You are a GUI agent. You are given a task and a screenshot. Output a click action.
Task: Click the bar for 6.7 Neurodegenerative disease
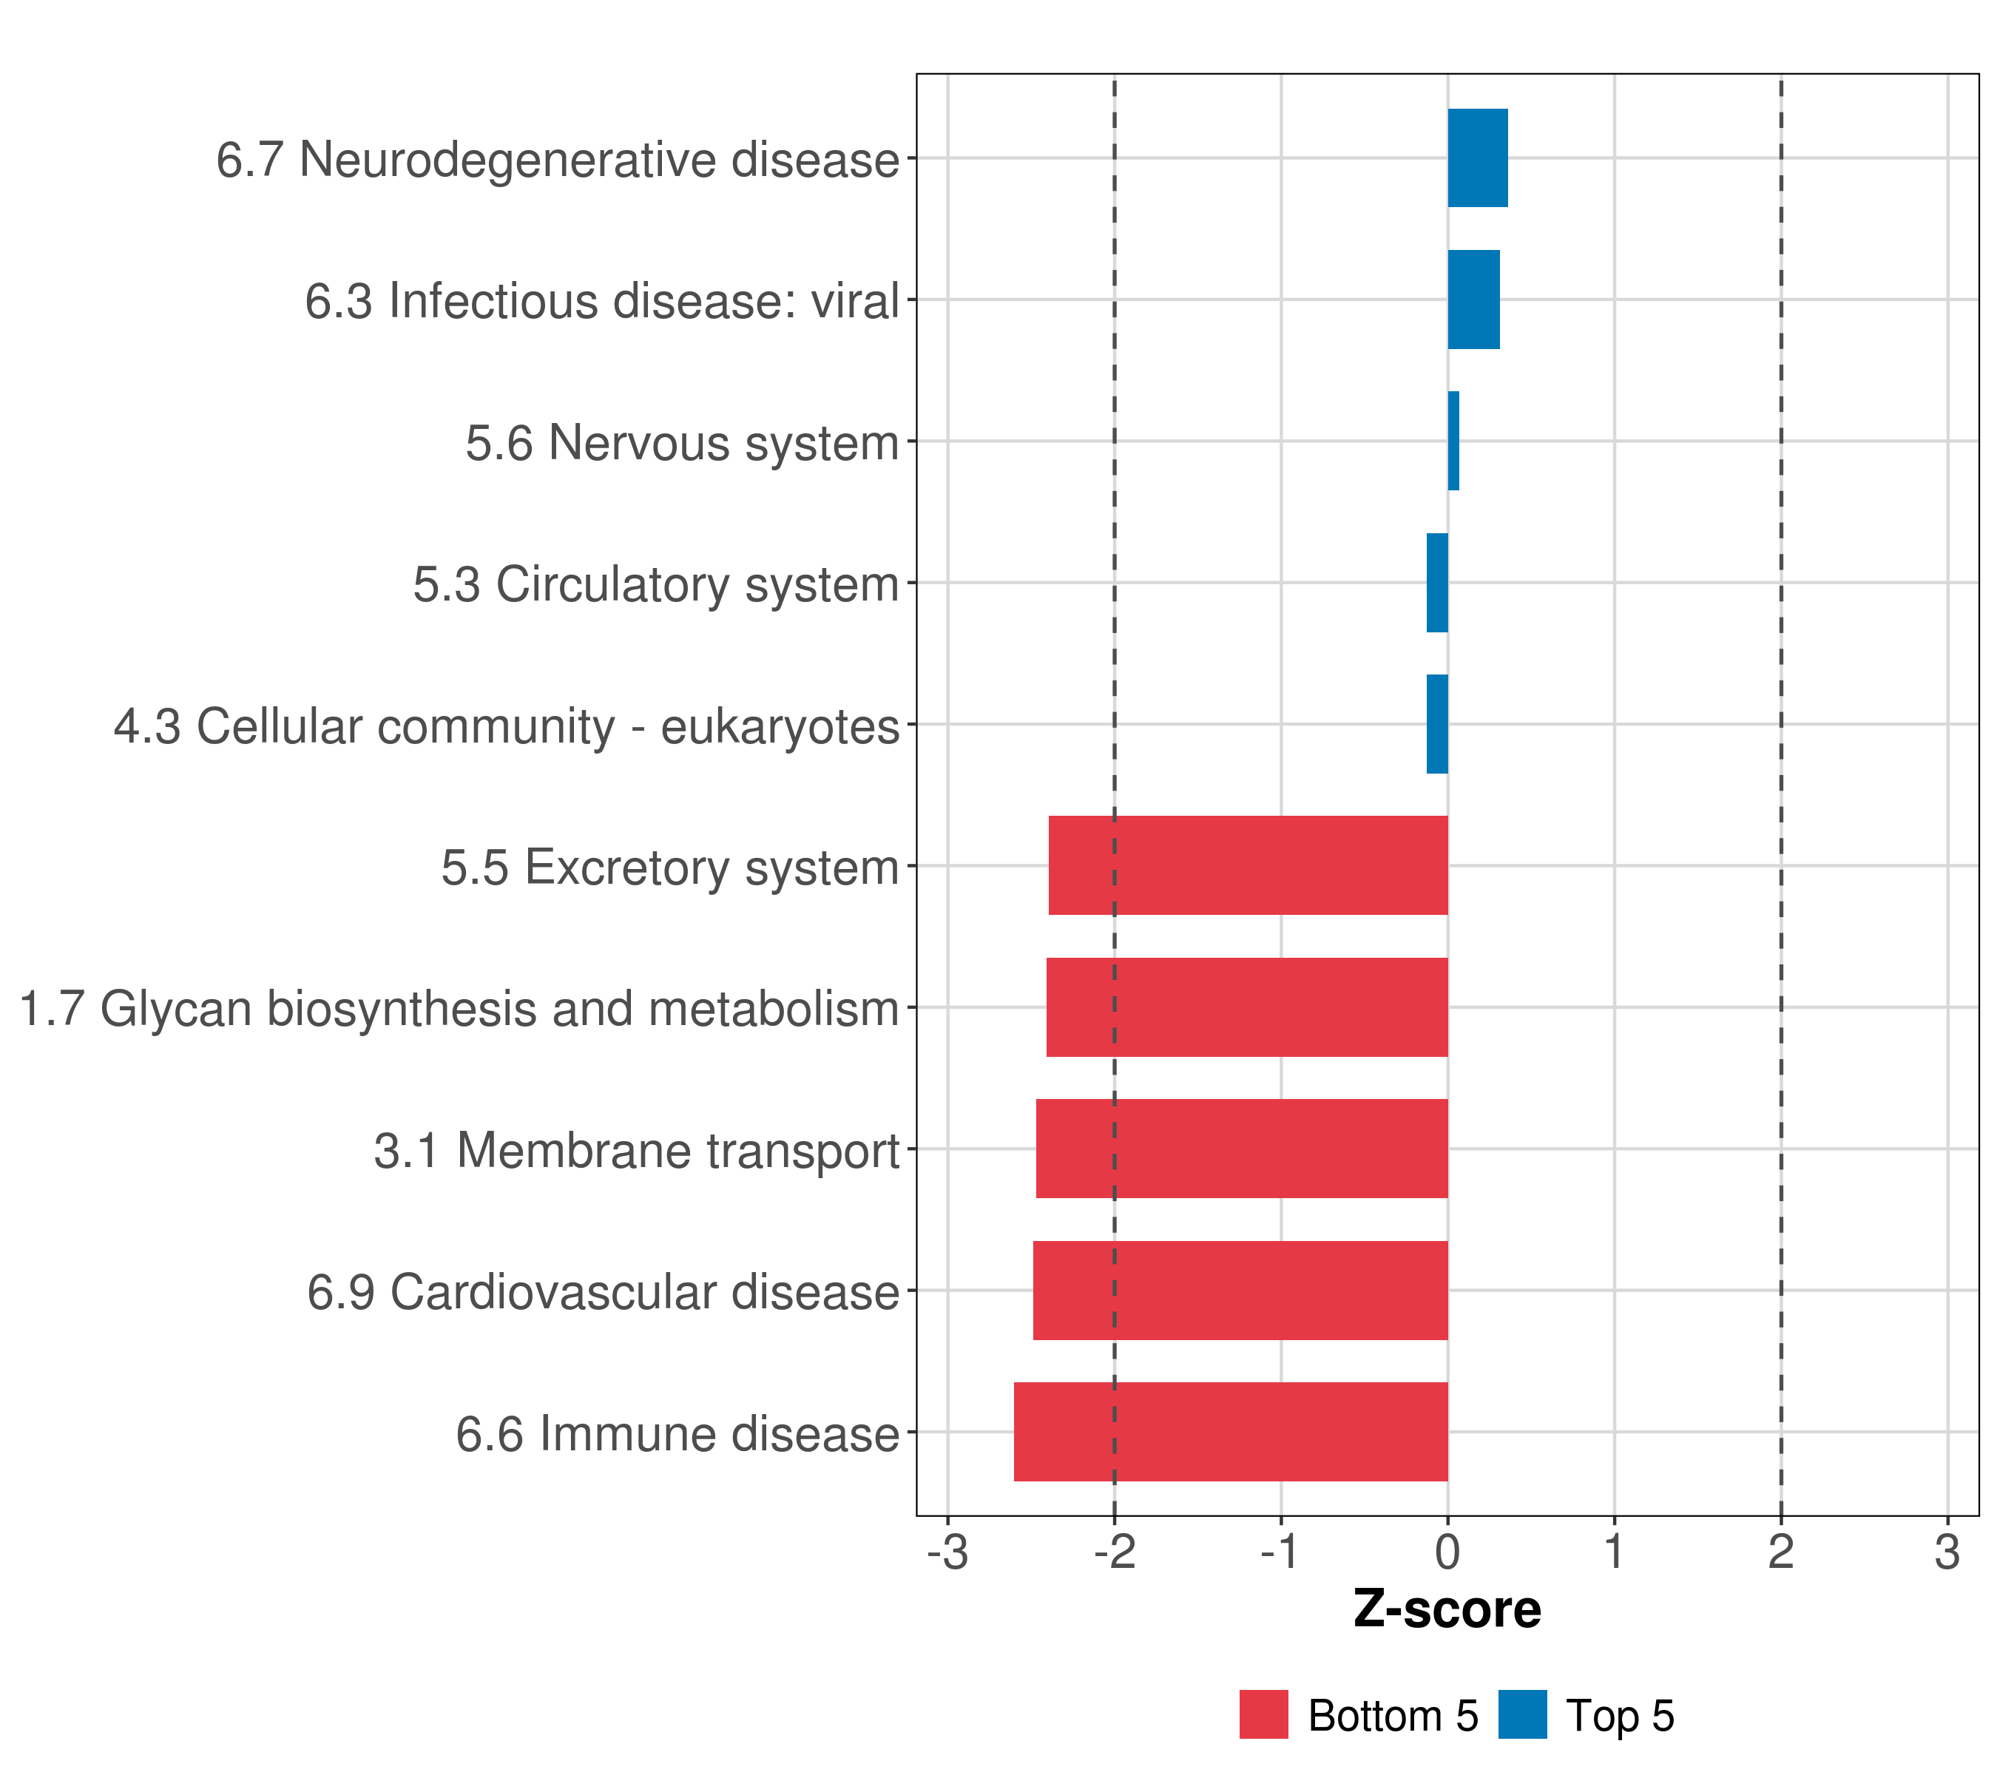click(x=1477, y=158)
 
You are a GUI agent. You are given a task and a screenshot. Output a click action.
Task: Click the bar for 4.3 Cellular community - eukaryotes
click(x=1437, y=724)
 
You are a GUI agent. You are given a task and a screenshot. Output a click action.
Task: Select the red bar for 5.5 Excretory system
click(x=1248, y=865)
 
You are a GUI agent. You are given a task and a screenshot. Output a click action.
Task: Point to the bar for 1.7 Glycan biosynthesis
click(x=1247, y=1007)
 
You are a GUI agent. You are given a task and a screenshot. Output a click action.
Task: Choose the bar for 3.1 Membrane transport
click(x=1242, y=1149)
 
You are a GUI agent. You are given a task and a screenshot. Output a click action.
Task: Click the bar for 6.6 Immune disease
click(x=1230, y=1432)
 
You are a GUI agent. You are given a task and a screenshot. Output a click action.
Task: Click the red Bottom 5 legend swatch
click(x=1263, y=1714)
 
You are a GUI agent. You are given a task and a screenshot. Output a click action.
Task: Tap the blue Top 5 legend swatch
click(x=1522, y=1714)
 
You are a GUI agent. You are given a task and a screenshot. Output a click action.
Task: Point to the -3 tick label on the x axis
click(x=947, y=1552)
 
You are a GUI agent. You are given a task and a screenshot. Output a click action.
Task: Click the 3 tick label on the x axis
click(x=1947, y=1552)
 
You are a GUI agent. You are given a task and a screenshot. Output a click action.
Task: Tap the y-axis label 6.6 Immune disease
click(x=677, y=1434)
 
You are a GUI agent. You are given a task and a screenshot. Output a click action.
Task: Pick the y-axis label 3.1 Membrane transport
click(x=636, y=1151)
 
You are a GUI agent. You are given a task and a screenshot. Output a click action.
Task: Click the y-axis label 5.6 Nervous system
click(x=682, y=442)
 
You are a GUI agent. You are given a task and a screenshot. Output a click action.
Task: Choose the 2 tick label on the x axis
click(x=1781, y=1552)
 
